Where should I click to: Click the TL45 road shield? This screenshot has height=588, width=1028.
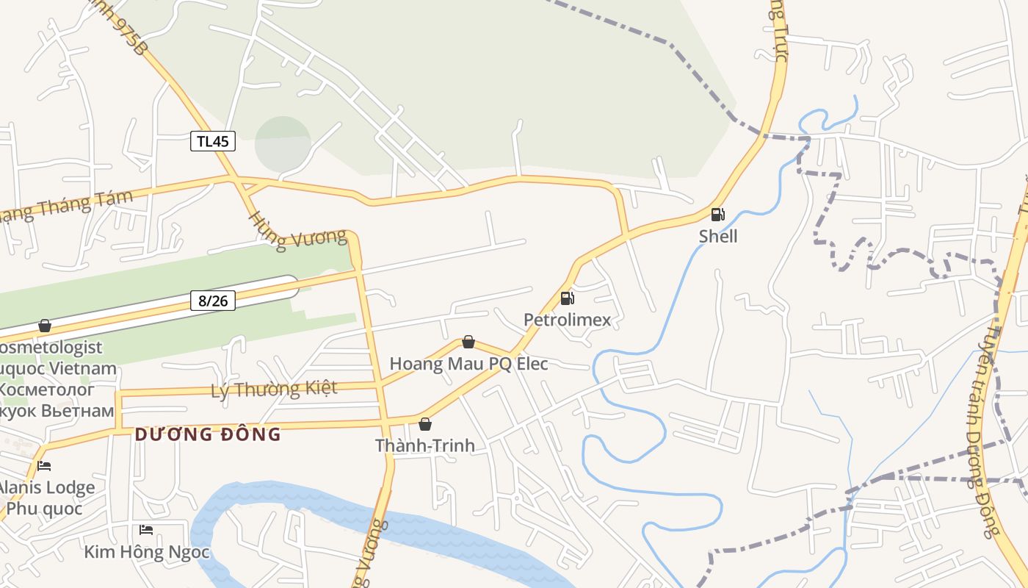[213, 141]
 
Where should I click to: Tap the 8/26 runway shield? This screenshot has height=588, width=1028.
[213, 301]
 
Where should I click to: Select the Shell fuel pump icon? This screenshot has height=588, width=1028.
[717, 215]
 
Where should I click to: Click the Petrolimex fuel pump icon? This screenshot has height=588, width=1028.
[567, 298]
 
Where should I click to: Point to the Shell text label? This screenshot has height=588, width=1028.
[717, 236]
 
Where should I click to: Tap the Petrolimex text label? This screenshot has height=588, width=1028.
[567, 320]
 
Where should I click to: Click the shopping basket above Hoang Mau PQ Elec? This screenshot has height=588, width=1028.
[468, 342]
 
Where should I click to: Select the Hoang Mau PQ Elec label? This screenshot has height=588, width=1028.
[468, 364]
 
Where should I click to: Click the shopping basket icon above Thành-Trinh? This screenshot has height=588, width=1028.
[424, 424]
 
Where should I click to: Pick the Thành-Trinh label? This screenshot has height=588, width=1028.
[424, 445]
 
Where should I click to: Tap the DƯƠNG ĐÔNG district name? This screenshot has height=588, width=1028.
[208, 434]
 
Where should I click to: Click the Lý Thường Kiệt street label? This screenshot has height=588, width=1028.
[274, 389]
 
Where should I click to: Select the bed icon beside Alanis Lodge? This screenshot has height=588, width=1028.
[44, 466]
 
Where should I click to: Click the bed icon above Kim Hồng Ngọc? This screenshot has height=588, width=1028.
[146, 530]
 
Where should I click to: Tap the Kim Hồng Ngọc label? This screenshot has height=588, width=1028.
[147, 552]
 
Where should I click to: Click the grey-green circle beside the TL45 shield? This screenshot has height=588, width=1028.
[283, 144]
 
